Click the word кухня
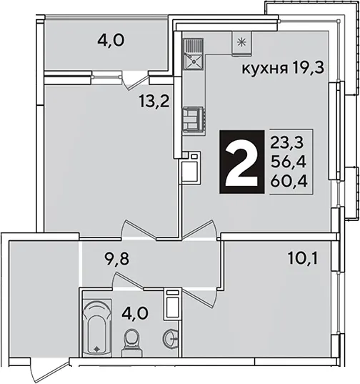coord(264,69)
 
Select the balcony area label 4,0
coord(111,41)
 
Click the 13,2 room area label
coord(154,101)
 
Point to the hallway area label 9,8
coord(116,259)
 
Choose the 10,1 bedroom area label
coord(303,259)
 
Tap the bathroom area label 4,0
coord(135,312)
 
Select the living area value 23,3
coord(286,142)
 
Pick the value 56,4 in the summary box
coord(289,162)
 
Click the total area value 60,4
coord(289,182)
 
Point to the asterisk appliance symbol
coord(241,43)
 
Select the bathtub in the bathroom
coord(97,328)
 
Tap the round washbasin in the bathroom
coord(171,338)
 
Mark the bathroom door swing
coord(127,280)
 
